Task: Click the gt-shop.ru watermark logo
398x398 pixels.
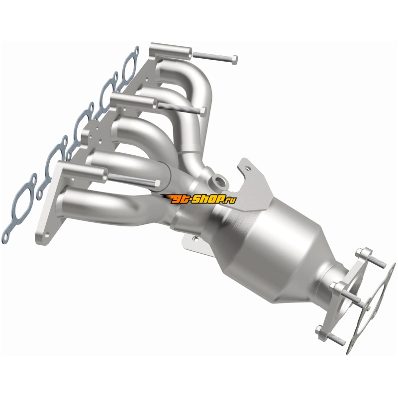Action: pyautogui.click(x=199, y=199)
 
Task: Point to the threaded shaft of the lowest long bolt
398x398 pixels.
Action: pyautogui.click(x=131, y=180)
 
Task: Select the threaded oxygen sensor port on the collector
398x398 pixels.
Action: pyautogui.click(x=218, y=181)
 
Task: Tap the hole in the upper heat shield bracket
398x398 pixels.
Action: pyautogui.click(x=248, y=168)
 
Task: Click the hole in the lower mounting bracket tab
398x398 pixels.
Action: pyautogui.click(x=195, y=239)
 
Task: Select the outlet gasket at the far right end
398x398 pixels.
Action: pyautogui.click(x=371, y=308)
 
